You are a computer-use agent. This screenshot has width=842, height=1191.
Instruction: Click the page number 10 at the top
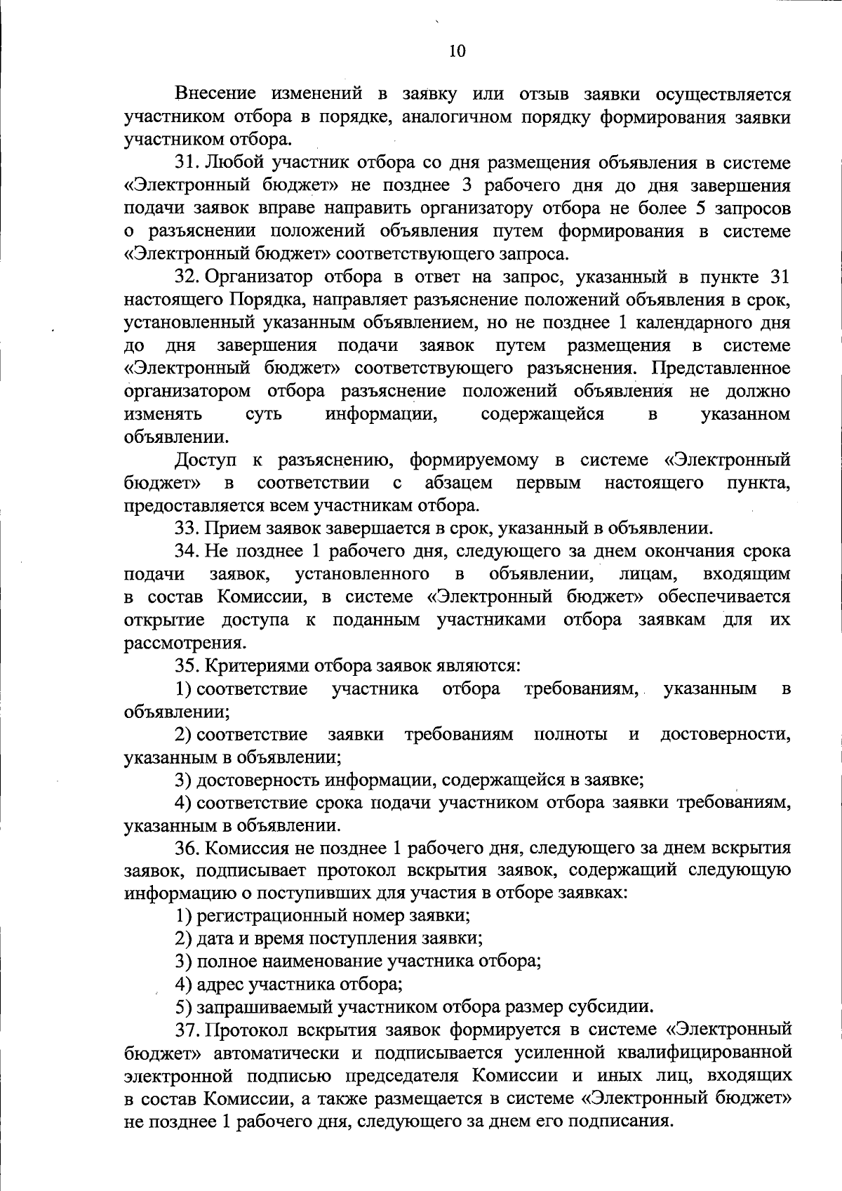(x=456, y=51)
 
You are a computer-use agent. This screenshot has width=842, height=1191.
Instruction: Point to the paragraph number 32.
(x=187, y=277)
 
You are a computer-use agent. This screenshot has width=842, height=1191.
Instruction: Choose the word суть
(x=264, y=414)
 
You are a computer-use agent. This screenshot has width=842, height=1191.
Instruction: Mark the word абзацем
(x=458, y=483)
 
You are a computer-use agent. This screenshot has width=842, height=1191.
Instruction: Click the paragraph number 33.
(x=187, y=528)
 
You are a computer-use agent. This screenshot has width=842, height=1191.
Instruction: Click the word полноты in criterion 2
(x=570, y=734)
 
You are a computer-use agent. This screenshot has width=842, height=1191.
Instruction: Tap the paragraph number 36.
(x=187, y=848)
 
